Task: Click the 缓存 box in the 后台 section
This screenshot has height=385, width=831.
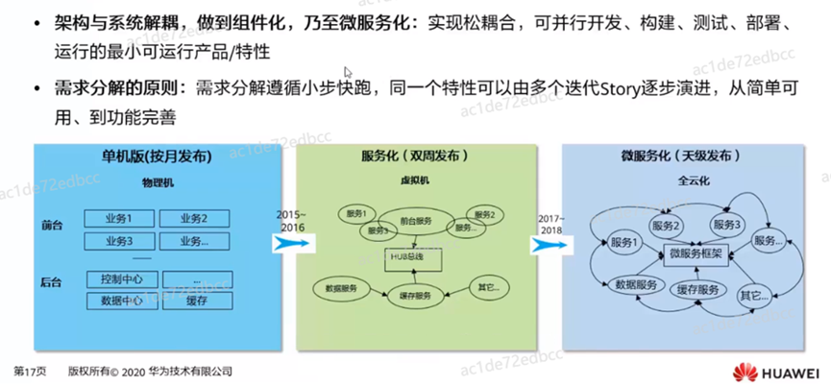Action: [x=197, y=301]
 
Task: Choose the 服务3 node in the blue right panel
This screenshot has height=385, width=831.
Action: [x=727, y=225]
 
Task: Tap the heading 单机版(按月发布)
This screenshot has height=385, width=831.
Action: [x=156, y=156]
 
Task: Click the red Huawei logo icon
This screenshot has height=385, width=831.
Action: [x=744, y=373]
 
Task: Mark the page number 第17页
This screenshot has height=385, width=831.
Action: [x=30, y=371]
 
